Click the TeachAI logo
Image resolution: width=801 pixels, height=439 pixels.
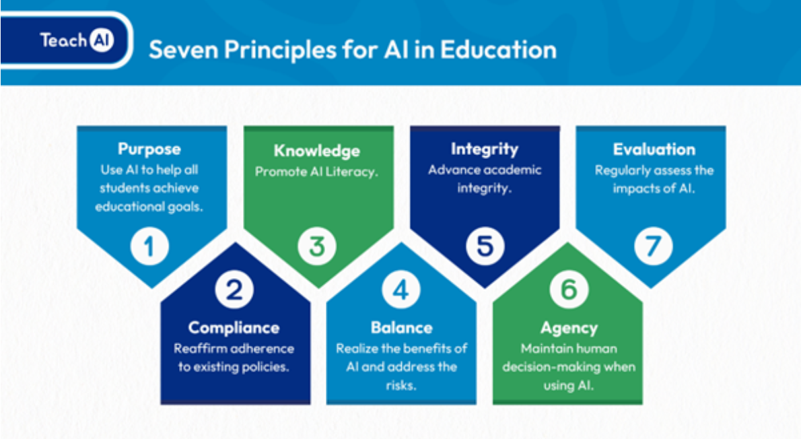click(77, 40)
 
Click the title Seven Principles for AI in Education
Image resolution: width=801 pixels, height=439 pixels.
click(353, 50)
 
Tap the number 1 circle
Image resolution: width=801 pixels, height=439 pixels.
click(149, 246)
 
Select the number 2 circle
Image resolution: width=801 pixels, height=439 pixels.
click(234, 290)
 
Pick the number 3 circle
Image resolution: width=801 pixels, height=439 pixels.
click(317, 246)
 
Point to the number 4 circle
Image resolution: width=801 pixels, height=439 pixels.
click(401, 290)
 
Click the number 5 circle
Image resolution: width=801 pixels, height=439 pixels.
click(485, 246)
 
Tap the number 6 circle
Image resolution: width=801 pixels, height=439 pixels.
click(569, 290)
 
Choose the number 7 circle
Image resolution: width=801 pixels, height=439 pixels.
click(654, 246)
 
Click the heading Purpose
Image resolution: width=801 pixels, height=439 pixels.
click(149, 149)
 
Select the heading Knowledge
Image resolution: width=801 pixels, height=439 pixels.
click(317, 151)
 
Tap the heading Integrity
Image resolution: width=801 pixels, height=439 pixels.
click(484, 149)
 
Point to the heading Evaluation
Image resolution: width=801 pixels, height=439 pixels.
click(654, 149)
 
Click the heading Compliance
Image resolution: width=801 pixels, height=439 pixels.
click(234, 328)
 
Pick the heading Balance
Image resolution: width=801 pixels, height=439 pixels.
click(402, 328)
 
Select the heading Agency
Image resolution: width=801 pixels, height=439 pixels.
click(569, 328)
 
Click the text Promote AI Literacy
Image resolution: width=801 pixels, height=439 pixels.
click(317, 172)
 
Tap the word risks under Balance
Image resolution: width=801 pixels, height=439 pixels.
click(401, 385)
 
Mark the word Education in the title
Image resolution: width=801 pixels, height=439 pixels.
click(499, 50)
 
